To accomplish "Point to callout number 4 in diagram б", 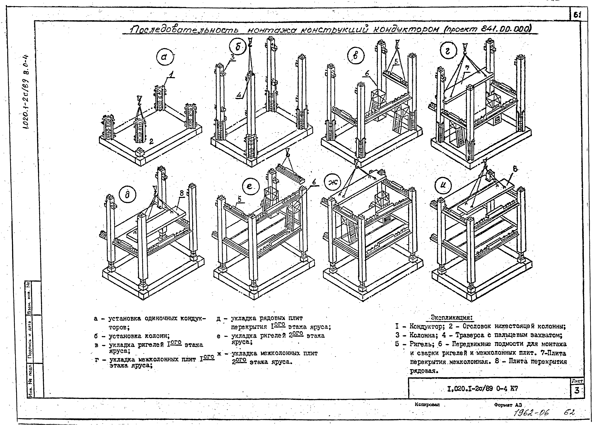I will click(x=238, y=96).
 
